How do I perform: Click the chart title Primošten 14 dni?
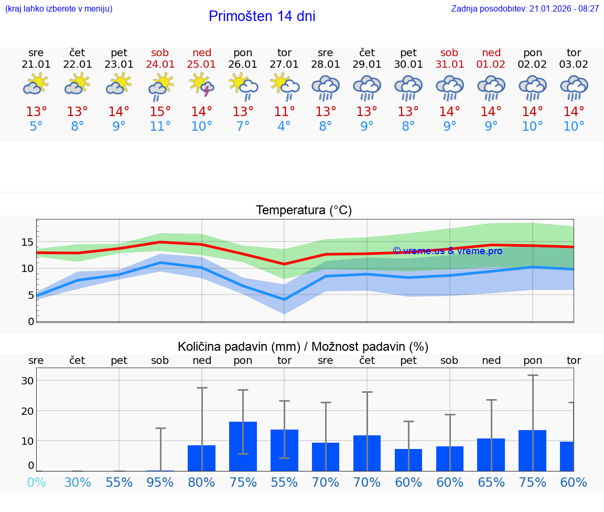click(x=262, y=16)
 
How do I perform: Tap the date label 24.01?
click(x=160, y=64)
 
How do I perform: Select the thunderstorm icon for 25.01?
click(x=202, y=85)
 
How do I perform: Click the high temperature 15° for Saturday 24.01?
click(x=160, y=112)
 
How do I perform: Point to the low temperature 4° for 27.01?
click(x=284, y=127)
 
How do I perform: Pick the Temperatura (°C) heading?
click(x=304, y=211)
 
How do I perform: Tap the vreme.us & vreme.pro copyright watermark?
click(x=447, y=251)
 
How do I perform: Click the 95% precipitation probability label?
click(x=160, y=482)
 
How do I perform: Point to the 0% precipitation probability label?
click(x=36, y=482)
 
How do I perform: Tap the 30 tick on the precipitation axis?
click(x=27, y=381)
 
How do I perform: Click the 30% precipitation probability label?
click(x=78, y=482)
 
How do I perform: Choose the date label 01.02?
click(x=491, y=64)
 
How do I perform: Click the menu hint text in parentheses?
click(x=59, y=8)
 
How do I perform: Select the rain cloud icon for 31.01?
click(x=450, y=87)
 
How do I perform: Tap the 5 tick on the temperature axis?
click(x=30, y=295)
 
